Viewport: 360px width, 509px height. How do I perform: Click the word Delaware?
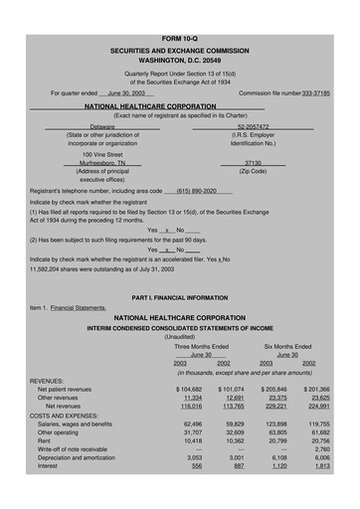point(102,127)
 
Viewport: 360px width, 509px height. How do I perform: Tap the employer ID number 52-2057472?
point(260,127)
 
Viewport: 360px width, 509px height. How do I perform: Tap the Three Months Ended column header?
point(202,346)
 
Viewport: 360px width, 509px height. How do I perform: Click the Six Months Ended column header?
point(287,346)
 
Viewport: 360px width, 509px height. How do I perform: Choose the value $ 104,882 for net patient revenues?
point(189,390)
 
